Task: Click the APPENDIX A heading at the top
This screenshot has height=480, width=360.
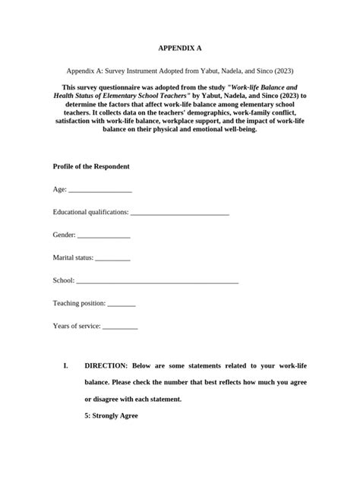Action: click(x=180, y=48)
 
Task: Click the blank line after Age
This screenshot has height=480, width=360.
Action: click(x=100, y=191)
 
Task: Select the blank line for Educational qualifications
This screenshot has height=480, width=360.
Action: click(x=180, y=213)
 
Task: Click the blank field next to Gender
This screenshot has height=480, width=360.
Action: click(x=104, y=236)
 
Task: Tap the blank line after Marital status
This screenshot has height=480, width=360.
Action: click(x=113, y=259)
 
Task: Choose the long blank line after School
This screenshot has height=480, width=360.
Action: click(x=157, y=282)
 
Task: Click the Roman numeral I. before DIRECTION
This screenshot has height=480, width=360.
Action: click(x=67, y=365)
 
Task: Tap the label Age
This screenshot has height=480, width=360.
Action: click(x=59, y=189)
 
